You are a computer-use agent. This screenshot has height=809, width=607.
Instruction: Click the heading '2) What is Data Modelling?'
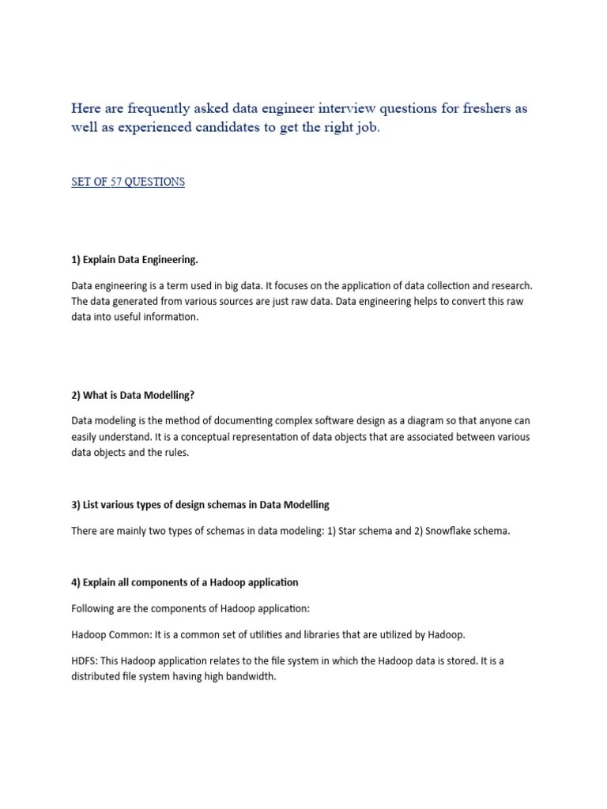pyautogui.click(x=133, y=395)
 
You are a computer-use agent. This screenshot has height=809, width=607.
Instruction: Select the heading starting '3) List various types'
pyautogui.click(x=200, y=504)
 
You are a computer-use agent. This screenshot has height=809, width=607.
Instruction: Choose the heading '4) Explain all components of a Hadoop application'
pyautogui.click(x=185, y=582)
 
